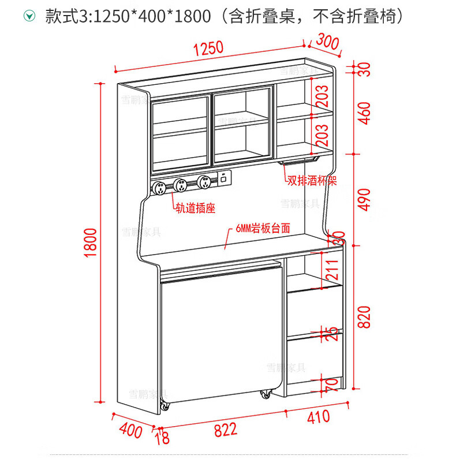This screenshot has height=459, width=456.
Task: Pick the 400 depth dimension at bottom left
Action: (130, 430)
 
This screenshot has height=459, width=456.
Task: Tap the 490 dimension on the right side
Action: (364, 200)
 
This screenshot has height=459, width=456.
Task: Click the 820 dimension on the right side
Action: (364, 315)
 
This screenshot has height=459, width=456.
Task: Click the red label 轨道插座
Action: (195, 208)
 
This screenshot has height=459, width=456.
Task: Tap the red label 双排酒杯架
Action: (312, 181)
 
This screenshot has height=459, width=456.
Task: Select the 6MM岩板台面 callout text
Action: (263, 229)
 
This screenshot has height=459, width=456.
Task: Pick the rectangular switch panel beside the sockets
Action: (222, 180)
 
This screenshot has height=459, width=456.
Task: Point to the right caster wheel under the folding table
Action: (266, 394)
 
